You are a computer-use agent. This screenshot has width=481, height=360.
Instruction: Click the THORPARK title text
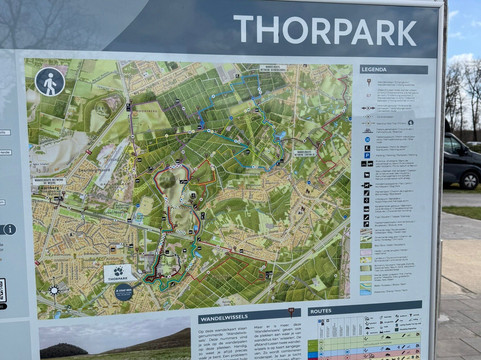(324, 31)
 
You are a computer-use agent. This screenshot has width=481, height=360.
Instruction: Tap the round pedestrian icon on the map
(50, 81)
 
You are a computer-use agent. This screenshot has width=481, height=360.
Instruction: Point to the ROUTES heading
(322, 311)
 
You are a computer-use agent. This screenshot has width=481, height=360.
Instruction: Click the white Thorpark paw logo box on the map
(118, 272)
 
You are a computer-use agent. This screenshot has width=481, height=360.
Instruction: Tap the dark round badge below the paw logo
(123, 292)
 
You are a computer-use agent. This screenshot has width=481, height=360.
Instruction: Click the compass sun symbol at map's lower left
(53, 290)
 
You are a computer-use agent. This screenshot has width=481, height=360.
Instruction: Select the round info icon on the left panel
(8, 229)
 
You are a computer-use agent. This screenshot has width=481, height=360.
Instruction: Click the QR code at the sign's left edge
(2, 290)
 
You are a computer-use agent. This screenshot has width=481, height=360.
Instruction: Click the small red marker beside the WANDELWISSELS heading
(291, 313)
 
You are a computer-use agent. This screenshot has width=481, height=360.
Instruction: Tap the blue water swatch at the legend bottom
(366, 289)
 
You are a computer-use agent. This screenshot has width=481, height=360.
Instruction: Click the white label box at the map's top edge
(272, 68)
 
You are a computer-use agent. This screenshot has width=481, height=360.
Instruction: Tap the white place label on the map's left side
(49, 182)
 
